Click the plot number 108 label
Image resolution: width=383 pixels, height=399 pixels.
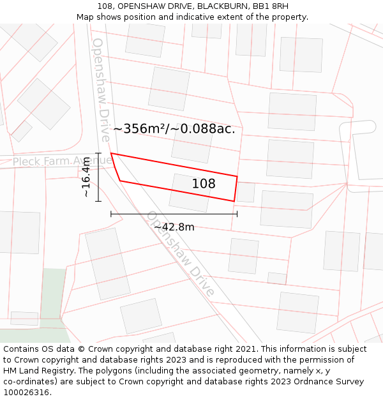coord(204,184)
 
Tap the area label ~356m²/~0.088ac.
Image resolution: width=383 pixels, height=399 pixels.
coord(174,128)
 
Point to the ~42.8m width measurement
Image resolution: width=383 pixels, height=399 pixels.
coord(174,227)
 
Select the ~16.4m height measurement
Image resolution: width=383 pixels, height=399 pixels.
coord(87,177)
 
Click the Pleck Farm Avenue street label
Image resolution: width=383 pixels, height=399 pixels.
coord(63,162)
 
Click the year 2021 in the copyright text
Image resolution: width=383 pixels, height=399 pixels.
coord(245,349)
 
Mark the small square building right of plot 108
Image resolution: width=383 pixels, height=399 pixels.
coord(245,192)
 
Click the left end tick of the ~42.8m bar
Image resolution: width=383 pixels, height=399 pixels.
coord(111,214)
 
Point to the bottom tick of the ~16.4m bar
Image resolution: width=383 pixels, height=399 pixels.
coord(98,201)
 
